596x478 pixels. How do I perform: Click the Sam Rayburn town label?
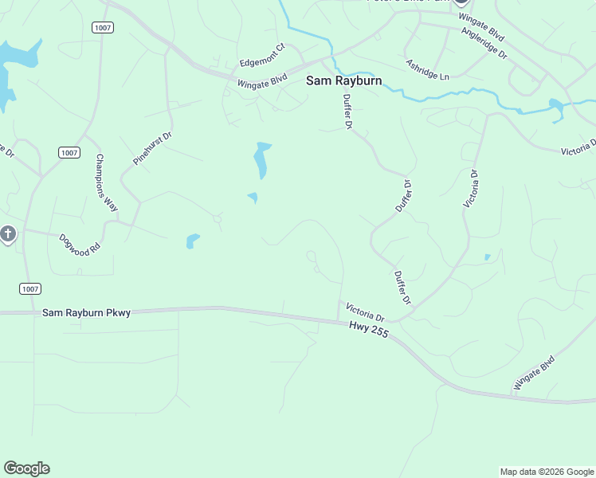[x=344, y=80]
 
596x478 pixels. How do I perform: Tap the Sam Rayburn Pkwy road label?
[x=86, y=313]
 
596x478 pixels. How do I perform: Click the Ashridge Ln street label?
[x=427, y=69]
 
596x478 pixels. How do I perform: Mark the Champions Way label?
[x=106, y=182]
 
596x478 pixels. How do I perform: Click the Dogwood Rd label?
[x=80, y=243]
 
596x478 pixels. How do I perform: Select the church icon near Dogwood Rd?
[x=8, y=234]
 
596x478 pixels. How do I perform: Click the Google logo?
[x=26, y=468]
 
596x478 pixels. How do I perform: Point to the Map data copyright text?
[x=547, y=472]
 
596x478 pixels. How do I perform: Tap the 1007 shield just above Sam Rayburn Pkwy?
[x=29, y=288]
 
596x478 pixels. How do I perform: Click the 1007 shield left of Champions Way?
[x=69, y=152]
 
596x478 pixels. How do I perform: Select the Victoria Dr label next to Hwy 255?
[x=364, y=310]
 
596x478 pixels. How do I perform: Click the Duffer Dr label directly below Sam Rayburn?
[x=347, y=111]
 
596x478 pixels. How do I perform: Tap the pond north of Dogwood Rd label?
[x=192, y=240]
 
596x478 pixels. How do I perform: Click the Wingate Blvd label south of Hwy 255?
[x=534, y=374]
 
